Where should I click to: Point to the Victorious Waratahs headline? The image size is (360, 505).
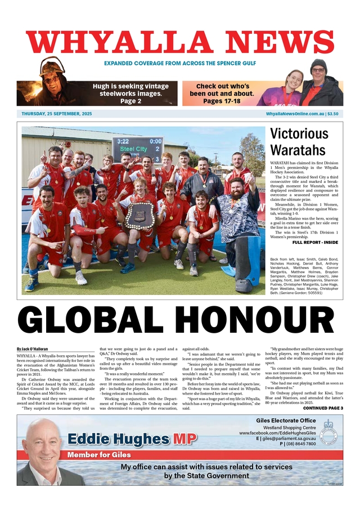[298, 142]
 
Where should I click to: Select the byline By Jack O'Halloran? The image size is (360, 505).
[33, 350]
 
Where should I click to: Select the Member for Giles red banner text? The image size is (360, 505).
[99, 454]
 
